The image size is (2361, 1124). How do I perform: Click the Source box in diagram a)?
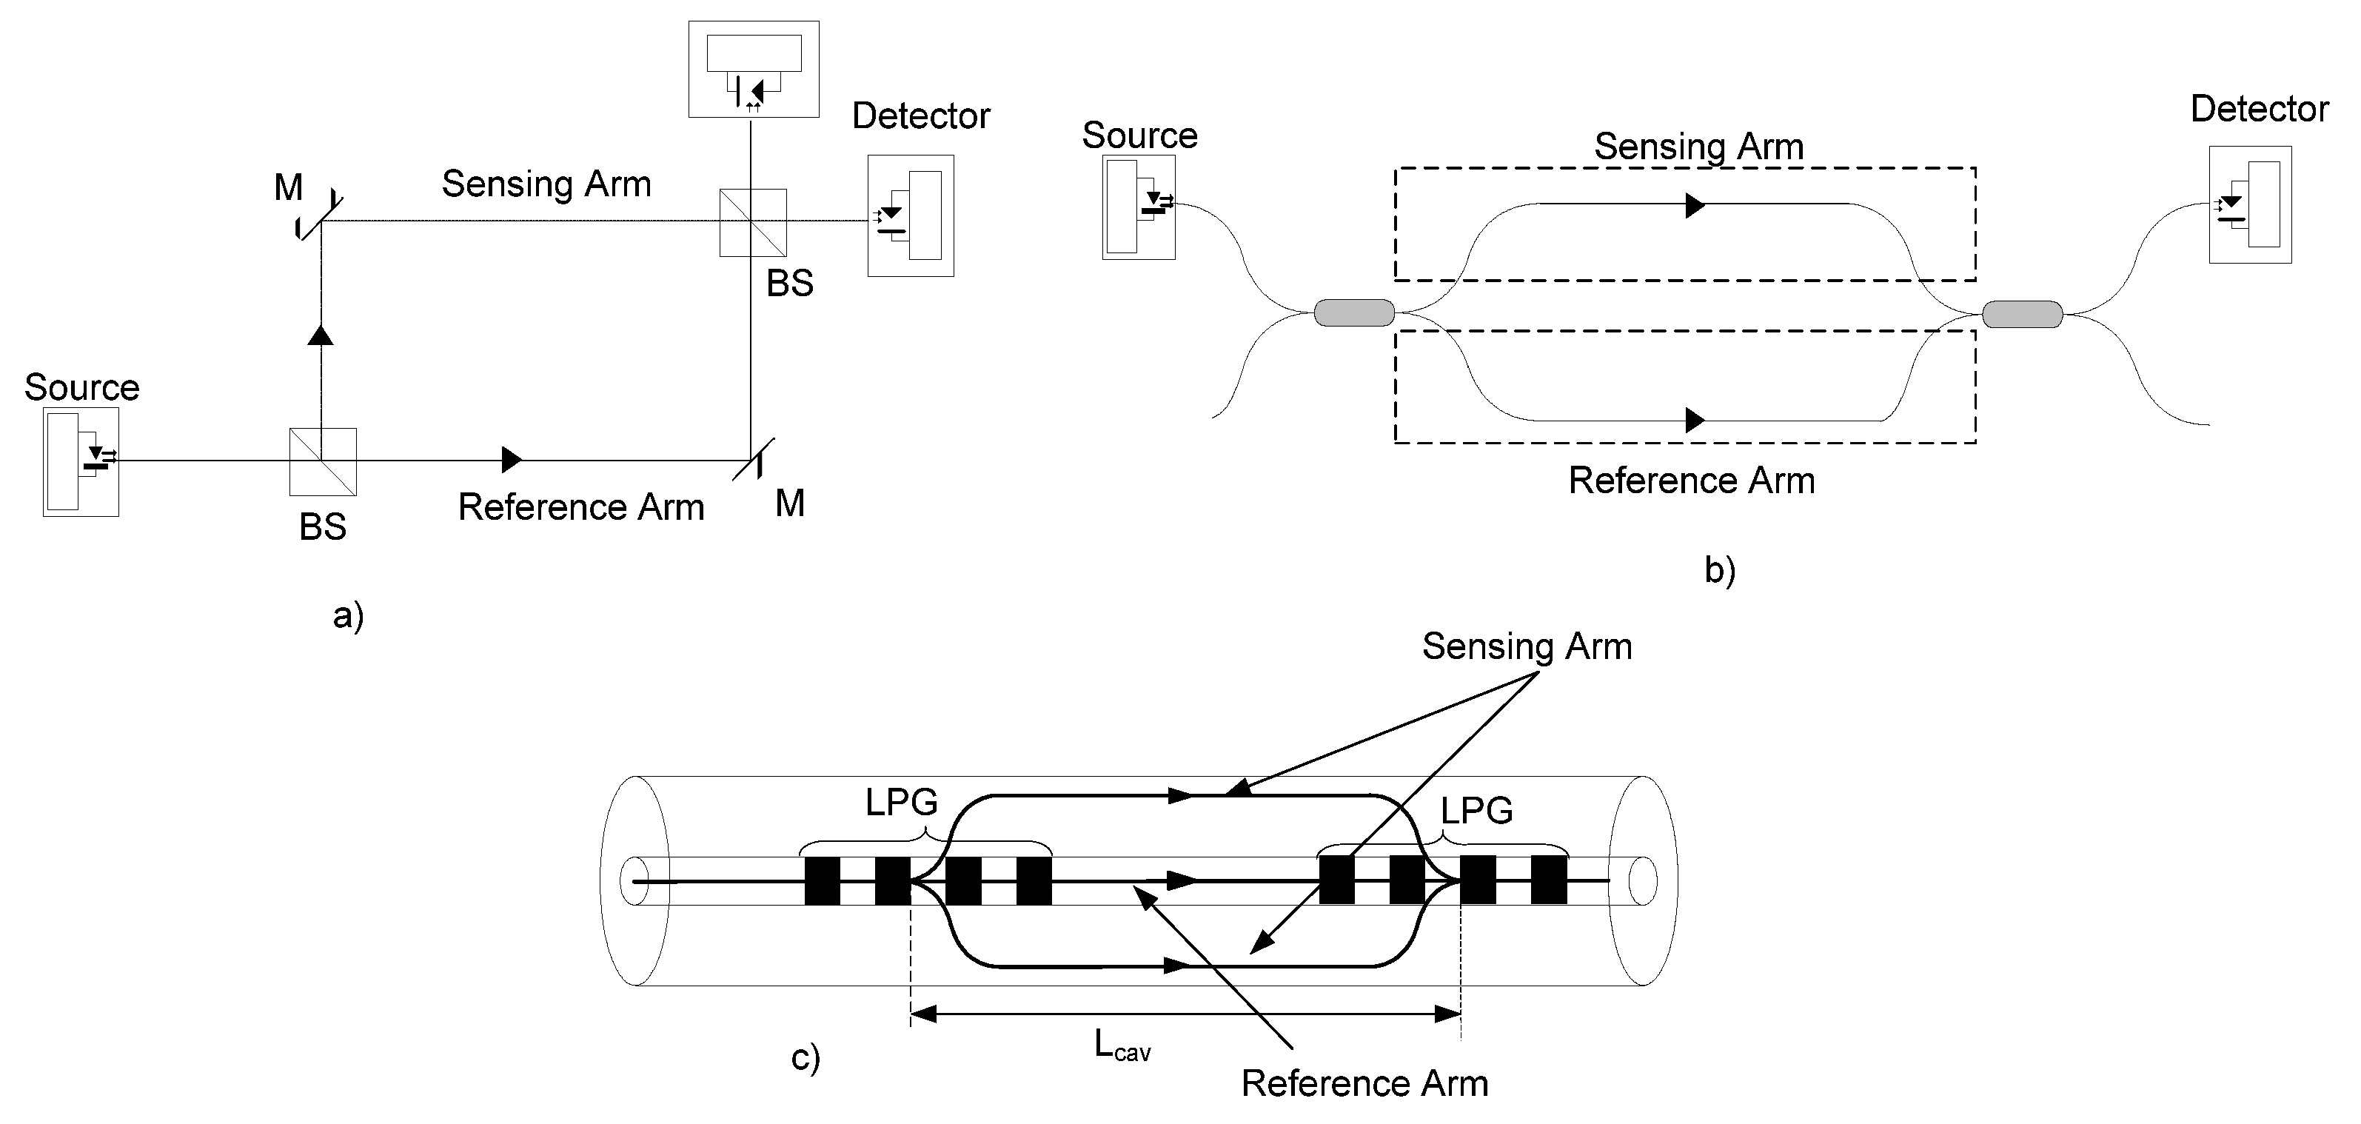81,461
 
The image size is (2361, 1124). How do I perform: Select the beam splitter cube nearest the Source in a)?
323,461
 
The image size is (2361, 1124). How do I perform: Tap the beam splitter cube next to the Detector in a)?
752,223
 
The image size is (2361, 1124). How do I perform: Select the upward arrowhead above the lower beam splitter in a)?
320,335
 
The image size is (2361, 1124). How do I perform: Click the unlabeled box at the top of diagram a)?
754,69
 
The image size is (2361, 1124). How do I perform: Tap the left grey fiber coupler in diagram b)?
1353,312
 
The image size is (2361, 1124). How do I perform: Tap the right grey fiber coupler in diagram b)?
2022,315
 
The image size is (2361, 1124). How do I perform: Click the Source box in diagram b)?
1139,207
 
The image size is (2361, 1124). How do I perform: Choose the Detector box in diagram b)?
2249,204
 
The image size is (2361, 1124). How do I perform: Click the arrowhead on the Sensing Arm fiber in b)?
1695,205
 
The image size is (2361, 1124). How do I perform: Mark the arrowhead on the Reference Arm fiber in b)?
1695,420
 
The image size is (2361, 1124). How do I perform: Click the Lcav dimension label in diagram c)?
1122,1046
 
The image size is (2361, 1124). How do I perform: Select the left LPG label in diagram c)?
901,802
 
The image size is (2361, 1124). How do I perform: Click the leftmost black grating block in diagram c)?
822,880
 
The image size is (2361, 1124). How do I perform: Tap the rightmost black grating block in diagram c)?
1548,879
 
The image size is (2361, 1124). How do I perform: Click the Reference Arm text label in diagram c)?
1364,1083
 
